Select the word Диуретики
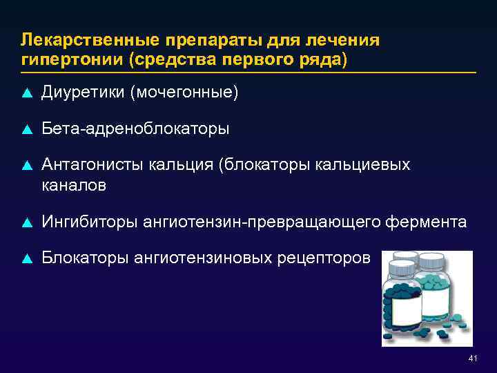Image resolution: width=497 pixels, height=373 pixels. click(x=82, y=93)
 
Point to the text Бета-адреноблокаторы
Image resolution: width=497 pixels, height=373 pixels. click(x=136, y=128)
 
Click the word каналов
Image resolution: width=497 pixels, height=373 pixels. click(x=74, y=185)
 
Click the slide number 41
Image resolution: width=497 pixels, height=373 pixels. click(x=472, y=358)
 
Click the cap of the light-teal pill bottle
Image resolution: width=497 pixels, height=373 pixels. click(x=433, y=260)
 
